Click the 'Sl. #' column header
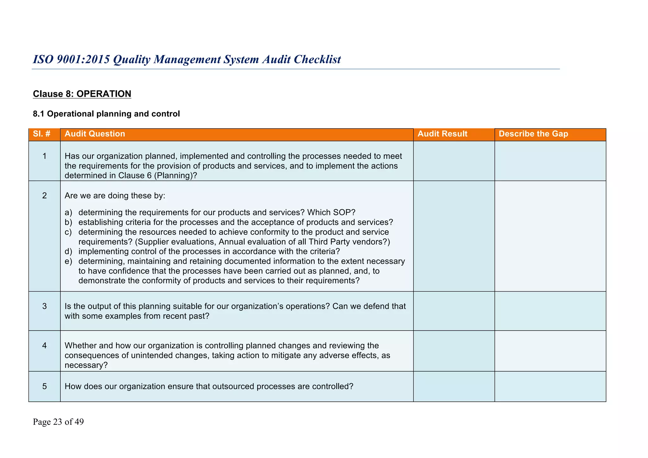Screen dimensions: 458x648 pyautogui.click(x=42, y=134)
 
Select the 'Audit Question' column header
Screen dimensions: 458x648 pyautogui.click(x=95, y=134)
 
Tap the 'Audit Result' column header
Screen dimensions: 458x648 pyautogui.click(x=442, y=134)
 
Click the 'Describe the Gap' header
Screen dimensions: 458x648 pyautogui.click(x=533, y=134)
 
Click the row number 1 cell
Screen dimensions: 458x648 pyautogui.click(x=44, y=156)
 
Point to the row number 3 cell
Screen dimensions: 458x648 pyautogui.click(x=44, y=306)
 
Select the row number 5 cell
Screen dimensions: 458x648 pyautogui.click(x=44, y=386)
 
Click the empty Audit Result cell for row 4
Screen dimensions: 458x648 pyautogui.click(x=454, y=351)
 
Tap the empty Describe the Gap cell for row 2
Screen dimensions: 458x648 pyautogui.click(x=550, y=236)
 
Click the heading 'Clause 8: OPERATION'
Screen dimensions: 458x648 pyautogui.click(x=82, y=94)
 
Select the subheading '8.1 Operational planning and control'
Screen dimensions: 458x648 pyautogui.click(x=106, y=114)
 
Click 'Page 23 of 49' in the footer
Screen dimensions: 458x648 pyautogui.click(x=58, y=422)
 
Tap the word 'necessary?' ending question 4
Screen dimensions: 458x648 pyautogui.click(x=86, y=365)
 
